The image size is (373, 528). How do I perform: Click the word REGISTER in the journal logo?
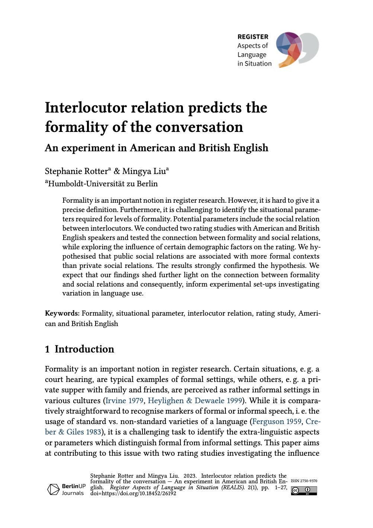[253, 37]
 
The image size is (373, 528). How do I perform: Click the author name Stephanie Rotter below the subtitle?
[76, 171]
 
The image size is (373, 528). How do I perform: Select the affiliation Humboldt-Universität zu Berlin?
[103, 184]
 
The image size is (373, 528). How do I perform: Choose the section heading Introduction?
[84, 349]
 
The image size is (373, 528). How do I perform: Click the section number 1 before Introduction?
[47, 349]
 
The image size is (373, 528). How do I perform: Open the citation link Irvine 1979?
[125, 401]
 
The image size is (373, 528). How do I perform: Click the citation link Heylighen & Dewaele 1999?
[195, 401]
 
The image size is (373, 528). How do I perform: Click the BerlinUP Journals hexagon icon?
[53, 489]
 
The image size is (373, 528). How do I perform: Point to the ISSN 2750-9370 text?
[304, 481]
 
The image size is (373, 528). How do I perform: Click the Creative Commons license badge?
[304, 490]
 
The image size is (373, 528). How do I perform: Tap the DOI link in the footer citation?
[133, 493]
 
